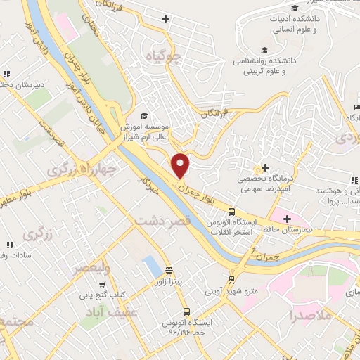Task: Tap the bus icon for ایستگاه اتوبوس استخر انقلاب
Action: [x=231, y=211]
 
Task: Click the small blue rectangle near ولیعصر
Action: [x=151, y=266]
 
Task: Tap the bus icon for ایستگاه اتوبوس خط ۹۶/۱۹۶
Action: [x=186, y=311]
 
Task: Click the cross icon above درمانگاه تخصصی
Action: [x=266, y=168]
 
